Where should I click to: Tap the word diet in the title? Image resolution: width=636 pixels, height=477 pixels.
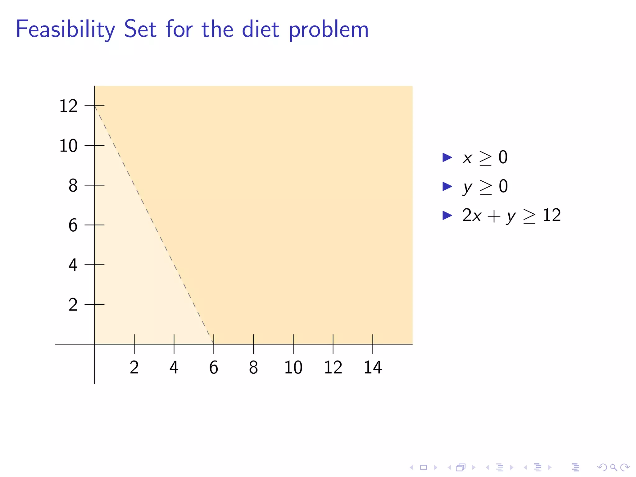(261, 30)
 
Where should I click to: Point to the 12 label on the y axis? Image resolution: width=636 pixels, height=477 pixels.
(68, 106)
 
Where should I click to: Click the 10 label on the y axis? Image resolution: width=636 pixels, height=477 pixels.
(68, 146)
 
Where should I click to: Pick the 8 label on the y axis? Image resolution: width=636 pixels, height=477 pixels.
(73, 185)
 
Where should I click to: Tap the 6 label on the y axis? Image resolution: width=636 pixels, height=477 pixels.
(73, 225)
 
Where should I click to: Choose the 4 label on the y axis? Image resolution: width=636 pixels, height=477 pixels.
(73, 265)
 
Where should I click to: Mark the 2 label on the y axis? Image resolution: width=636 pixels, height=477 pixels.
(73, 305)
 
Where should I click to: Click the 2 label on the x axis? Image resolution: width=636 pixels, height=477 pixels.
(134, 367)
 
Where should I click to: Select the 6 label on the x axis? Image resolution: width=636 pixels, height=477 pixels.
(214, 367)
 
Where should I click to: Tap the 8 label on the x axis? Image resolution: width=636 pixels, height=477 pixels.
(253, 367)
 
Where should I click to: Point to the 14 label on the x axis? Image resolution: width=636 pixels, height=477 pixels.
(373, 367)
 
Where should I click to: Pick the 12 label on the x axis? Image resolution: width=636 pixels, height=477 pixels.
(333, 367)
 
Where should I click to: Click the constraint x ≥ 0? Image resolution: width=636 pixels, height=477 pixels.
(485, 157)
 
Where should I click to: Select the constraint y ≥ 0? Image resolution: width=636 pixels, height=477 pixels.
(485, 187)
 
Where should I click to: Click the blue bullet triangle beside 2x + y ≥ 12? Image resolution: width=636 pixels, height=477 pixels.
(447, 215)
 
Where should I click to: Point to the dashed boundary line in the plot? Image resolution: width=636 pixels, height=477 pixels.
(154, 225)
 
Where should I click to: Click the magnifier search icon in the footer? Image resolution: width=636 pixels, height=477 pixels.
(613, 467)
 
